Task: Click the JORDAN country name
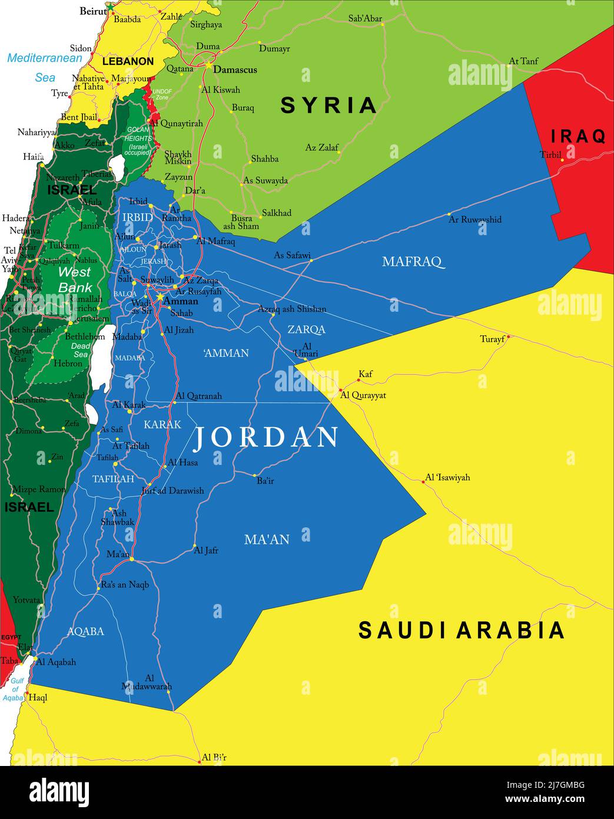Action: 266,437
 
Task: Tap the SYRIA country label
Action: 328,105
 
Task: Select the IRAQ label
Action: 578,137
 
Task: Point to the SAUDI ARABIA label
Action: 462,630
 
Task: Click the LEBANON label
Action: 128,61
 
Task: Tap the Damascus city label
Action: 235,70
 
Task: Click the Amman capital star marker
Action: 159,298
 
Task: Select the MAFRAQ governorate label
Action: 412,261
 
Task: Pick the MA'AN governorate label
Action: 267,539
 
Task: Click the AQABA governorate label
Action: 85,631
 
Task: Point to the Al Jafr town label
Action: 206,550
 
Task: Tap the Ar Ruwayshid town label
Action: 475,219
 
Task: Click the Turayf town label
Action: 492,339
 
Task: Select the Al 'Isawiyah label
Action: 447,477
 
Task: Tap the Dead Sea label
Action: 81,350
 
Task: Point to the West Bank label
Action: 75,279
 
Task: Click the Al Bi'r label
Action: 214,757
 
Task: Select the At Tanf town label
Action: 523,61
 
